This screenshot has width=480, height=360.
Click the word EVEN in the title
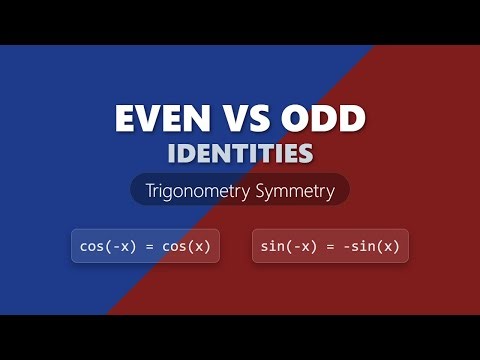click(158, 119)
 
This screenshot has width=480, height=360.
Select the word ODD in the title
click(323, 119)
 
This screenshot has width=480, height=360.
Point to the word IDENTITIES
click(240, 153)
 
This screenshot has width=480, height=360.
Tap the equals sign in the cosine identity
click(145, 246)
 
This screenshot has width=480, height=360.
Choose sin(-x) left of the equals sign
click(284, 246)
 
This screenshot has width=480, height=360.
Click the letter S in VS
click(255, 119)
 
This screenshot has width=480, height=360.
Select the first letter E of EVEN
click(125, 119)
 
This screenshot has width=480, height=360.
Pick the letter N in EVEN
click(193, 119)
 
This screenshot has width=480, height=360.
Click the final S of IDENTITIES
click(305, 153)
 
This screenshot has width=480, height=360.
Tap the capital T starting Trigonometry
click(150, 190)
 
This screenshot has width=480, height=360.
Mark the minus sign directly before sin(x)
click(341, 246)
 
